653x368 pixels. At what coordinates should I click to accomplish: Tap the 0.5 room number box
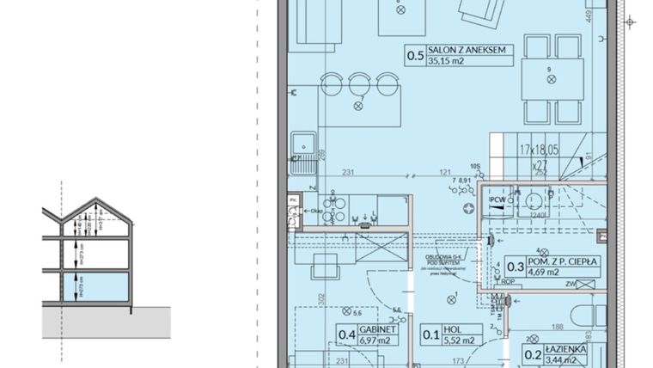pyautogui.click(x=416, y=56)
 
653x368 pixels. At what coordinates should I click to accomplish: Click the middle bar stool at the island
pyautogui.click(x=357, y=83)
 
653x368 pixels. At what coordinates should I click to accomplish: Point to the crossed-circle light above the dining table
pyautogui.click(x=549, y=79)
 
